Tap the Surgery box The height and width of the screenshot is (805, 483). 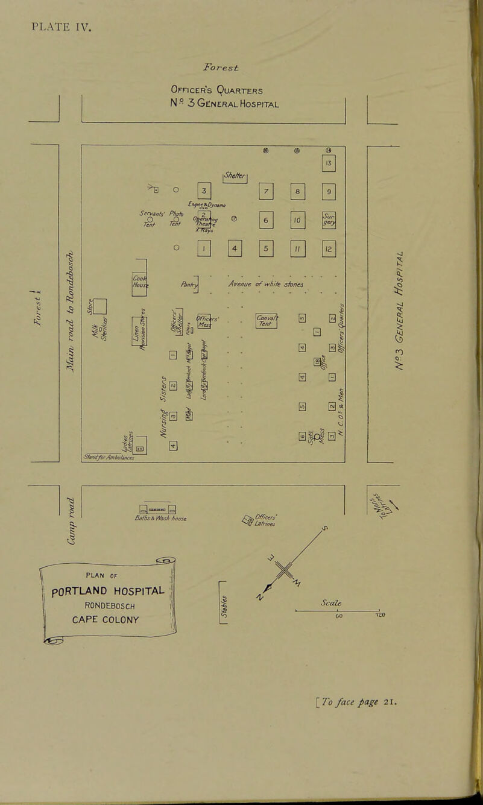click(x=329, y=221)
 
